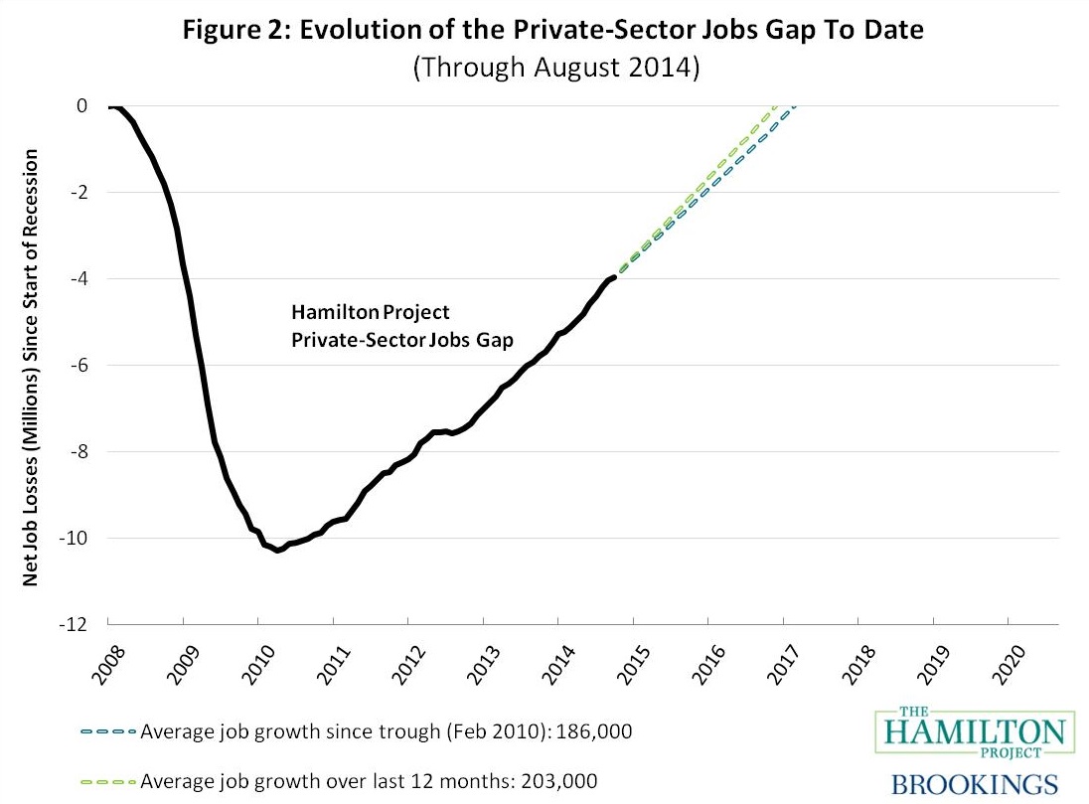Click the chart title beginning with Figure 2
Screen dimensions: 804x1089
(554, 31)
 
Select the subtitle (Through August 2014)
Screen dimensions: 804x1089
(554, 69)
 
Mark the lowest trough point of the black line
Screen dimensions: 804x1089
(278, 550)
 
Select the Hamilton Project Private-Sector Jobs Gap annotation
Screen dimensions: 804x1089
(401, 326)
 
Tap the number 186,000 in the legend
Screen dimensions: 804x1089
(600, 732)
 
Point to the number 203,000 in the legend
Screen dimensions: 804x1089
(564, 781)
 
